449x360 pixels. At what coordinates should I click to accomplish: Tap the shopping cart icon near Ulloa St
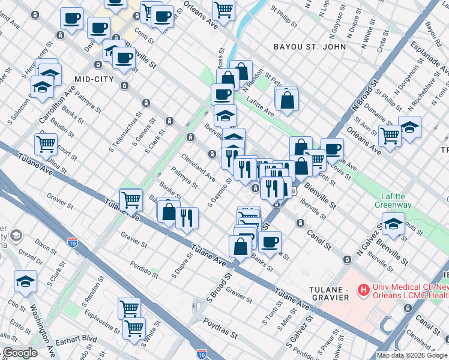(x=46, y=144)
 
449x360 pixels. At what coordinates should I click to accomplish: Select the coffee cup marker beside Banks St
(x=270, y=241)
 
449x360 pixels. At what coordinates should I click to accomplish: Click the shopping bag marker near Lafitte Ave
(x=288, y=100)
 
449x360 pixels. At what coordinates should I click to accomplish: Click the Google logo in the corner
(x=20, y=353)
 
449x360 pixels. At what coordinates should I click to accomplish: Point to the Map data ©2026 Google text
(x=412, y=355)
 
